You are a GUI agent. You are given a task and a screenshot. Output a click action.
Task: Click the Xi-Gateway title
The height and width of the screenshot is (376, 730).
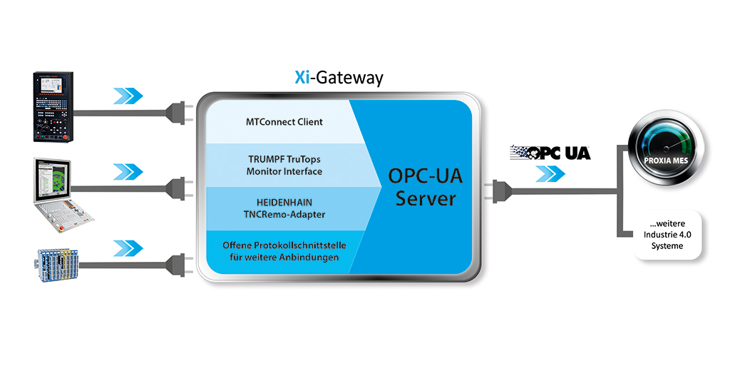click(339, 77)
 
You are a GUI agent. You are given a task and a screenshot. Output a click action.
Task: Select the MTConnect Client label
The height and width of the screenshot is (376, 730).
click(284, 122)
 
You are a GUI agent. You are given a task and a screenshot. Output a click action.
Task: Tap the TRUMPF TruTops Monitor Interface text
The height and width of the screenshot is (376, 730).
click(284, 166)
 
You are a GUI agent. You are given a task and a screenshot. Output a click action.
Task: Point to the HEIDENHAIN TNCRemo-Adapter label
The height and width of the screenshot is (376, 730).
click(284, 208)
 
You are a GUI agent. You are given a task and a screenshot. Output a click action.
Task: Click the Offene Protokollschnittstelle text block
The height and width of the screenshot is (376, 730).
click(284, 251)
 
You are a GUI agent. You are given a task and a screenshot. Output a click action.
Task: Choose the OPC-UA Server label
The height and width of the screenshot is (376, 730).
click(425, 187)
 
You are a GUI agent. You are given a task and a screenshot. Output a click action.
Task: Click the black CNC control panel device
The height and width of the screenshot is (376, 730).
click(53, 107)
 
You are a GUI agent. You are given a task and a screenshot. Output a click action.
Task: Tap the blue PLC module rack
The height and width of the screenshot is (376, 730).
click(57, 265)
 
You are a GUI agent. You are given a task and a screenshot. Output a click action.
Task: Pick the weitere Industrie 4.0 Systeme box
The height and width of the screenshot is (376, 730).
click(667, 235)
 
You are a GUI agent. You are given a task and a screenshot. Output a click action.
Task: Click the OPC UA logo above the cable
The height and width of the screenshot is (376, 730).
click(550, 153)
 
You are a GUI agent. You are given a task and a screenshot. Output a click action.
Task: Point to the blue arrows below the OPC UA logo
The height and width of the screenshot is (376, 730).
click(550, 174)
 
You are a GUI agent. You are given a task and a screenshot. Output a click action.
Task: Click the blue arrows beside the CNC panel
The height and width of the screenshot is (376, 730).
click(128, 96)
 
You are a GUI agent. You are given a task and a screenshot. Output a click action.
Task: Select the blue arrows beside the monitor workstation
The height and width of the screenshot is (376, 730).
click(128, 171)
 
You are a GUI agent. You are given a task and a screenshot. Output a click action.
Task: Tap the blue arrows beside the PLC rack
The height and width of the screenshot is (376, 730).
click(128, 248)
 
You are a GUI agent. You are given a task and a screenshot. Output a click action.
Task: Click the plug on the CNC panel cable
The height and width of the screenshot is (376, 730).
click(179, 113)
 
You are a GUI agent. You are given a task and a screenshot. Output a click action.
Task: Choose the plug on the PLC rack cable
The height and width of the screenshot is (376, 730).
click(179, 265)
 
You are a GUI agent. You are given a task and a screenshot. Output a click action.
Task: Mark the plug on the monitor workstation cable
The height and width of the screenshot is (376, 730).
click(179, 188)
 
